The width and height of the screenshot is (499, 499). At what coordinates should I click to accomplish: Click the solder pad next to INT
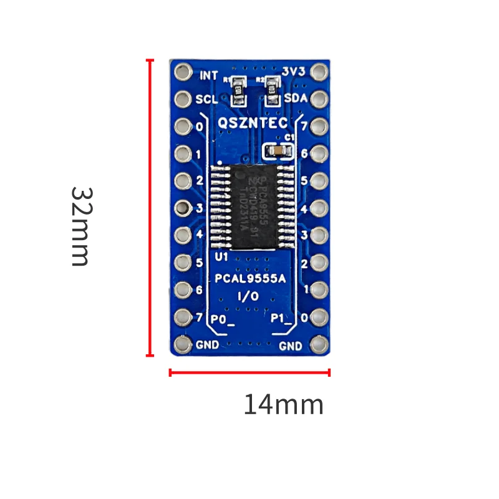tap(182, 72)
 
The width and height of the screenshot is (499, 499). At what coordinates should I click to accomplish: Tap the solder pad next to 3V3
tap(319, 72)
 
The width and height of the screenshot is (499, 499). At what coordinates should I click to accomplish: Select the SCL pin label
tap(207, 99)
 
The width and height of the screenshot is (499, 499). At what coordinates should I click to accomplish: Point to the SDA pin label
tap(295, 99)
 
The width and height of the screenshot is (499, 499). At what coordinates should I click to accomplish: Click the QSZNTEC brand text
tap(252, 124)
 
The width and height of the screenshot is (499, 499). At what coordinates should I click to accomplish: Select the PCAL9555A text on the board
tap(250, 279)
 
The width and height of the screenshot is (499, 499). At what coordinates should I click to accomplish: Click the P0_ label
tap(222, 319)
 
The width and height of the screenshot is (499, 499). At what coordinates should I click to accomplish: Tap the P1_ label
tap(282, 319)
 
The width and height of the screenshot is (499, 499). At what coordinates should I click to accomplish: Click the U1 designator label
tap(221, 256)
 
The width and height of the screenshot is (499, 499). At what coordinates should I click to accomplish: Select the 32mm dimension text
tap(80, 226)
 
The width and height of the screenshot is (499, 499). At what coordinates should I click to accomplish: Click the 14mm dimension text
tap(283, 405)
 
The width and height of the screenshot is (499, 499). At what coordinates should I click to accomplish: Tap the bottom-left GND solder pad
tap(182, 344)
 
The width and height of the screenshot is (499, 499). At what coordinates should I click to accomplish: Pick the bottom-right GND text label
tap(291, 346)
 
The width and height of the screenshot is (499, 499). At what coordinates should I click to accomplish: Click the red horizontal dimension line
tap(249, 373)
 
